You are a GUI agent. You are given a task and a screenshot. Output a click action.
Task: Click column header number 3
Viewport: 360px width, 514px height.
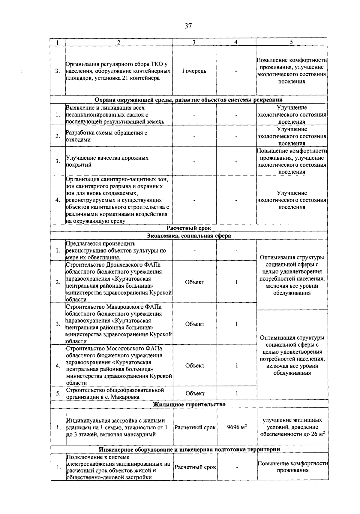coord(194,42)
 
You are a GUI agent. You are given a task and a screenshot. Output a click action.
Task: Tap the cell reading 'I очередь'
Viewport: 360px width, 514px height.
coord(194,71)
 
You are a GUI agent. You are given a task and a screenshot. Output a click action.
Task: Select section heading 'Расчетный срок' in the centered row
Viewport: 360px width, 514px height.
coord(189,228)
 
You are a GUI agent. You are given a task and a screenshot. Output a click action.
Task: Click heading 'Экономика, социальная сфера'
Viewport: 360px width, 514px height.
coord(189,236)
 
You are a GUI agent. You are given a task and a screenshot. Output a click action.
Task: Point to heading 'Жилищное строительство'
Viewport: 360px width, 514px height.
coord(189,404)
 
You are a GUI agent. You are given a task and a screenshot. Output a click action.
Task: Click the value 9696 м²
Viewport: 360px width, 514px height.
coord(237,427)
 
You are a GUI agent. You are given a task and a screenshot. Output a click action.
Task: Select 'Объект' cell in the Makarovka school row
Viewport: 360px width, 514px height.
coord(195,393)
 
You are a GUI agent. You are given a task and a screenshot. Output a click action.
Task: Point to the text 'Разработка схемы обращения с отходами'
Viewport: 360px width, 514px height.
coord(106,136)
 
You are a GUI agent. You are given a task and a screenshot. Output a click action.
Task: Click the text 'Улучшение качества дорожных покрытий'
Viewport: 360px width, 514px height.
coord(107,161)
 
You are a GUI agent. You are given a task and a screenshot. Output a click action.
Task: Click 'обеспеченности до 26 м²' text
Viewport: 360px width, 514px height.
coord(292,434)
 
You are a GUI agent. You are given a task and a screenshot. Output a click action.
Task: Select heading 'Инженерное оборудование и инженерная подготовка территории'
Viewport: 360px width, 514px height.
coord(189,449)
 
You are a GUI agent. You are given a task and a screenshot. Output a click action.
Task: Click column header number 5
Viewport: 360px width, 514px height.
coord(291,42)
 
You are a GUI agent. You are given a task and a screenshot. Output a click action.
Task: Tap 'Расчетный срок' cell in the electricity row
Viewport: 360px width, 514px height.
coord(195,467)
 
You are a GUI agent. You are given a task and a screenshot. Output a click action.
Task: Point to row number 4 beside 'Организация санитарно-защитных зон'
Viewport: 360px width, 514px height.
coord(58,200)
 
